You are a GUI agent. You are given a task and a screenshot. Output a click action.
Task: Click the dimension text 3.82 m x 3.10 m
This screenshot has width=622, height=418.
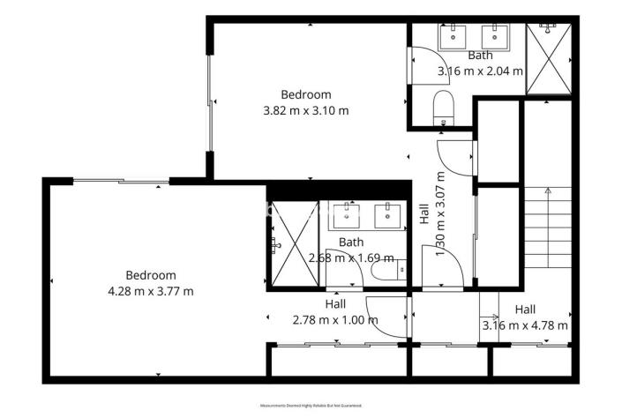[306, 111]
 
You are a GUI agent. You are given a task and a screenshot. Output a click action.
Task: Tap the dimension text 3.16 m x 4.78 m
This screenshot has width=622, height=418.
[525, 325]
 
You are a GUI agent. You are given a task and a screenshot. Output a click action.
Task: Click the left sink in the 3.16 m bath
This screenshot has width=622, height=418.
[456, 36]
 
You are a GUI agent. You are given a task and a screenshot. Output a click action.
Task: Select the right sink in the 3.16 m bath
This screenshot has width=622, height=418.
[494, 36]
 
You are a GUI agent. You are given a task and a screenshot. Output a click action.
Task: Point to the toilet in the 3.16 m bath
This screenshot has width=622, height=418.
[444, 111]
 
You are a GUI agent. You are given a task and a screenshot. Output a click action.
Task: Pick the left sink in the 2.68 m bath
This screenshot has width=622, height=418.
[350, 213]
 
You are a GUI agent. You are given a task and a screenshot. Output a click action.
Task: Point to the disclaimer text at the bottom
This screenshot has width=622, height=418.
[311, 406]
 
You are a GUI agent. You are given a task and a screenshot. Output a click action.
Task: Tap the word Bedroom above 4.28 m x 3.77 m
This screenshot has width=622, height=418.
[150, 275]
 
